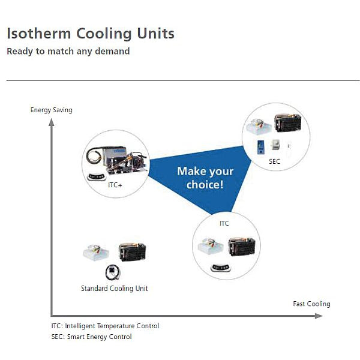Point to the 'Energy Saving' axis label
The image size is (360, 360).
51,110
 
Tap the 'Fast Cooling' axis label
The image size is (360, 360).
311,304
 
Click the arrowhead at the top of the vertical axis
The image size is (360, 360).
52,122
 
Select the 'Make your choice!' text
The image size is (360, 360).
205,178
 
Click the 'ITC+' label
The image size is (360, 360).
115,185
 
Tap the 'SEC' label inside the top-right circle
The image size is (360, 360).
274,162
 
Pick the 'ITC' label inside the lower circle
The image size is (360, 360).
224,223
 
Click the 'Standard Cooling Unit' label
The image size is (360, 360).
114,289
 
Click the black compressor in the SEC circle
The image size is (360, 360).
287,123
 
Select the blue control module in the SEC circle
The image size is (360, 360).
262,148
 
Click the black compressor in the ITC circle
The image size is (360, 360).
242,247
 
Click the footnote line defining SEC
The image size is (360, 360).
91,337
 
